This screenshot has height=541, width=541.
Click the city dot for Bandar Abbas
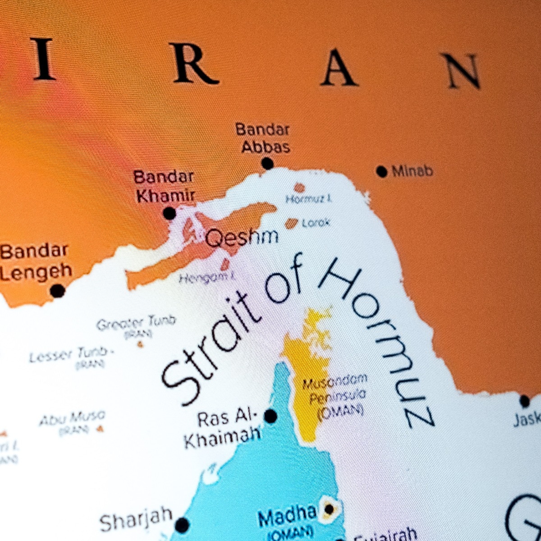[x=267, y=163]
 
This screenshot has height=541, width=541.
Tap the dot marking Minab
[x=382, y=171]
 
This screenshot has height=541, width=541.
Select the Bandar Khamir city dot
[x=170, y=213]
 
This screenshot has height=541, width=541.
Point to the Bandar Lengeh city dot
[x=57, y=291]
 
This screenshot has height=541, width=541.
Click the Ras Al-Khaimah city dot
[x=270, y=416]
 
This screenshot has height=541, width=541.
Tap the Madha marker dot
[x=330, y=509]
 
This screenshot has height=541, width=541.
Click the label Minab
[x=412, y=171]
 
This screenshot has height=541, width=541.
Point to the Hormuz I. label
[x=309, y=199]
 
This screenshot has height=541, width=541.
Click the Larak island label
[x=316, y=223]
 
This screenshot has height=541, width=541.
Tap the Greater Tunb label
[x=136, y=323]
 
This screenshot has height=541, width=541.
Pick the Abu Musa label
[x=72, y=419]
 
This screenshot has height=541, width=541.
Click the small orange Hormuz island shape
[x=299, y=188]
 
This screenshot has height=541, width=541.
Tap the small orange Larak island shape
[x=292, y=223]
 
